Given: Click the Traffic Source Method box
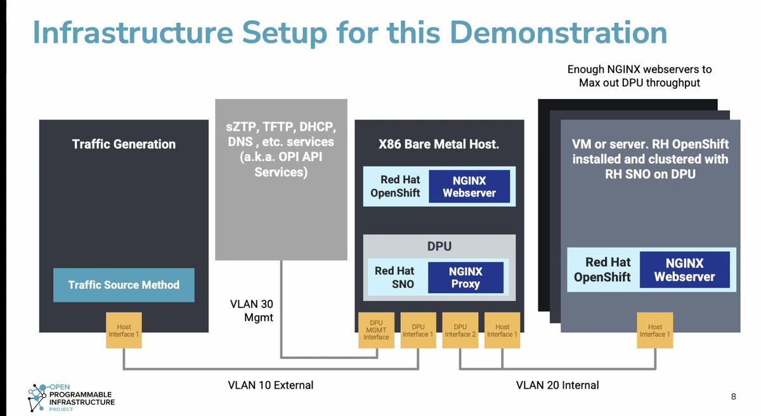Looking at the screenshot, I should [124, 285].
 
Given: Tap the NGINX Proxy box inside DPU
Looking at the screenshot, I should [465, 277].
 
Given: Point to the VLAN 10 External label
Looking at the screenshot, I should [271, 385].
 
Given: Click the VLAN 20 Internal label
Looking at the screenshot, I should [557, 385].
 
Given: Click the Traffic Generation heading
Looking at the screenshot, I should [124, 144].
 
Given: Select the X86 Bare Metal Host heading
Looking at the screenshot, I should [439, 144].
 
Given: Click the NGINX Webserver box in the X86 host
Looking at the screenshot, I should [469, 186].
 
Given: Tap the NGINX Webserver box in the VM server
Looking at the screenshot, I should [684, 270].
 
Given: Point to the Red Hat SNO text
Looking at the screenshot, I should [394, 277].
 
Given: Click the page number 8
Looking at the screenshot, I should [733, 397].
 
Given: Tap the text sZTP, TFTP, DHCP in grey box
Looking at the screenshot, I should [281, 126].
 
